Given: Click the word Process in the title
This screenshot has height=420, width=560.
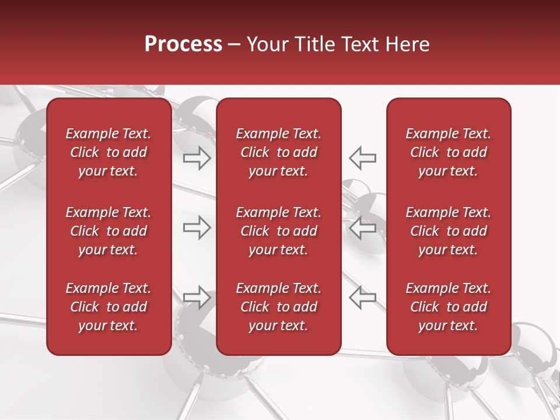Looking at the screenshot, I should (x=183, y=44).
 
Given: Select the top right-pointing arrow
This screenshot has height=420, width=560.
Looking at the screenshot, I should (x=197, y=158).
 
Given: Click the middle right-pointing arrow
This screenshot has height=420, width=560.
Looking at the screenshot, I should (x=197, y=228).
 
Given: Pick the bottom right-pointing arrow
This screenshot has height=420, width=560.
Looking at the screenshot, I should (x=197, y=297).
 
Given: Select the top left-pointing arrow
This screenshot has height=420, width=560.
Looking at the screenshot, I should (x=363, y=158).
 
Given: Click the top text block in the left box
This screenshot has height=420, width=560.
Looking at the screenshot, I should (x=108, y=152).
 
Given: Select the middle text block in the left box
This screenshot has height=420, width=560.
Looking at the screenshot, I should (x=108, y=231).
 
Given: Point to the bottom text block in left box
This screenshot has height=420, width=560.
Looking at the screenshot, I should (x=108, y=307).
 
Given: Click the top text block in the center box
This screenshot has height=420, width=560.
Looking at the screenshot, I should (x=278, y=152).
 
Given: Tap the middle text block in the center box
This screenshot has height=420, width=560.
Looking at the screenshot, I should (x=278, y=231).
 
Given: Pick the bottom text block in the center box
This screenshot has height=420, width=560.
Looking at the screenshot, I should (x=278, y=307).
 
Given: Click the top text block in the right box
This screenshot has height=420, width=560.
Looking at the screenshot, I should (x=448, y=152).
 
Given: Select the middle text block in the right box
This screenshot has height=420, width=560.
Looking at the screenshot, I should (x=448, y=231).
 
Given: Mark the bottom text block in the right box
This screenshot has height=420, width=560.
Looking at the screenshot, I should (x=448, y=307).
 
